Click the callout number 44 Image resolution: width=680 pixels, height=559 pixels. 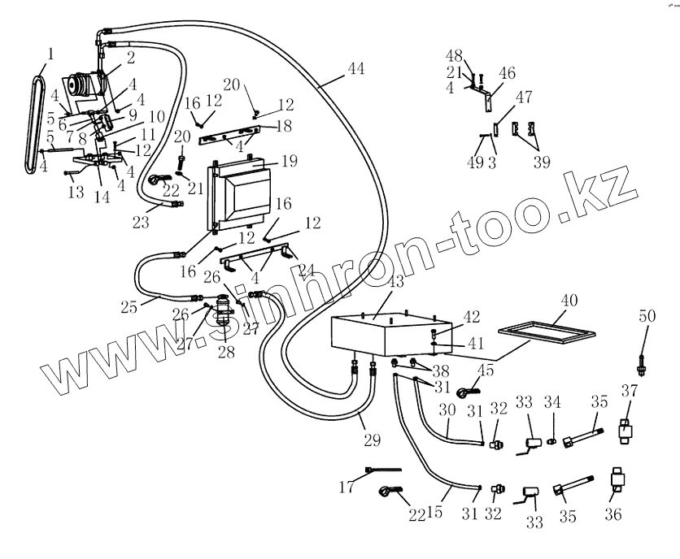point(356,69)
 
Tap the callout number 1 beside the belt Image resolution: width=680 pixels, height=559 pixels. point(50,54)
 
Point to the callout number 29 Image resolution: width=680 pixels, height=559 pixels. point(372,440)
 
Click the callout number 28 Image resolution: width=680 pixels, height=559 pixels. point(225,352)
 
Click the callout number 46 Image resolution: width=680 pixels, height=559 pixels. point(508,74)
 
